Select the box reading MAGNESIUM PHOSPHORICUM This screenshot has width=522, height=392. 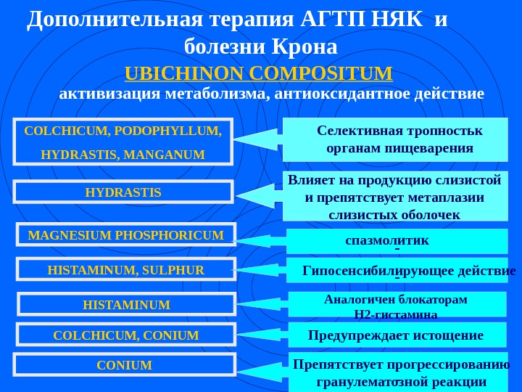click(126, 234)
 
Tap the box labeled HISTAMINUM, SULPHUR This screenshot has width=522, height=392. click(126, 270)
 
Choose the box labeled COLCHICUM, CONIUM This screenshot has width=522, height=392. click(126, 335)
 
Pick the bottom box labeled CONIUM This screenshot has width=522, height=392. click(125, 365)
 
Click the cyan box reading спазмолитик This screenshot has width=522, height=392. click(397, 240)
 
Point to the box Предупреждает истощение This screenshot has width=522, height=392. click(397, 335)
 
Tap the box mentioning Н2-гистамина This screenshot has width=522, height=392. click(397, 306)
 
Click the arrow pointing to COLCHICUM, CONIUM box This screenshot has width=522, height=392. click(261, 336)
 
